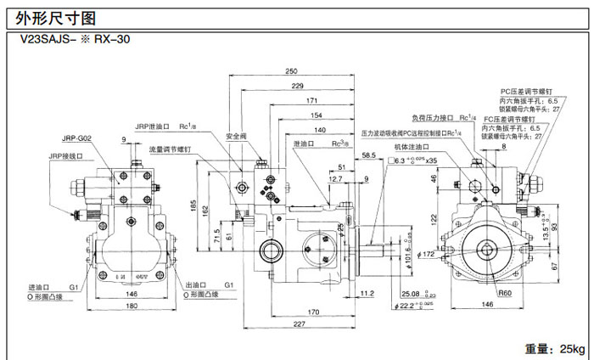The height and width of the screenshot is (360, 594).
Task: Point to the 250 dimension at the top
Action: tap(292, 70)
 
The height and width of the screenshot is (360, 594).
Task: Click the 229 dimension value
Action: tap(297, 87)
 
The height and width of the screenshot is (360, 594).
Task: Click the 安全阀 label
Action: tap(237, 136)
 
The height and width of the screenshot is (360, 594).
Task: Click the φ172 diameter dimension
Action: tap(451, 254)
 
